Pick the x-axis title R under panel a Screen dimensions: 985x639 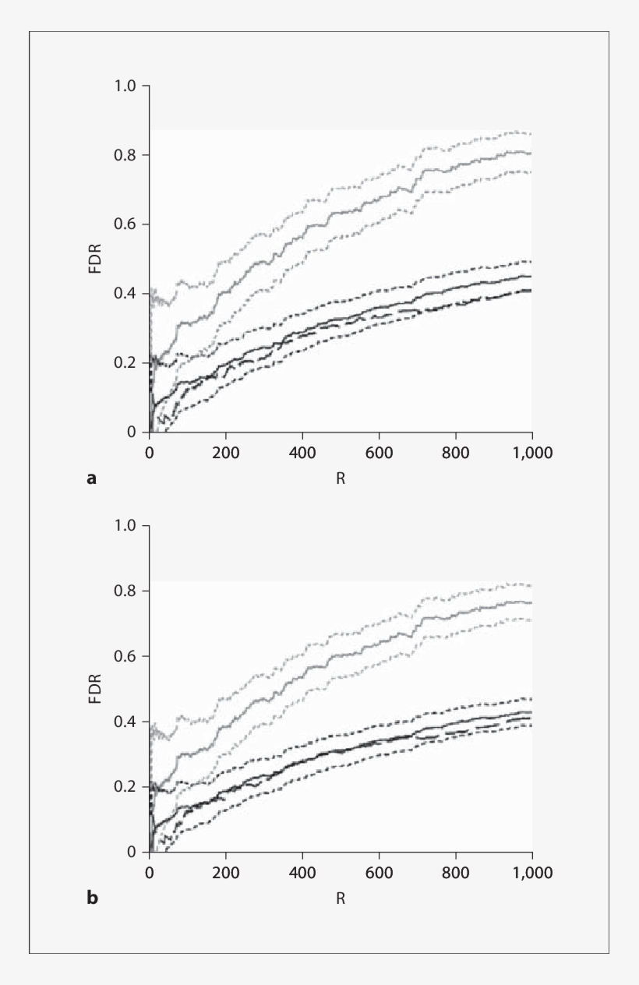click(341, 478)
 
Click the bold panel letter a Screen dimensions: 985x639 click(91, 478)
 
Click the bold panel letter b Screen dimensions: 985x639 click(92, 899)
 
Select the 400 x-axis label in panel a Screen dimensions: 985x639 click(302, 451)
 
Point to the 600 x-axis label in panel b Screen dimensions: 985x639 click(379, 871)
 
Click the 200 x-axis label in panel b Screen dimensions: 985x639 click(226, 871)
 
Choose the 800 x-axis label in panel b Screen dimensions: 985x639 click(455, 871)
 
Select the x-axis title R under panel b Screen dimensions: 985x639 click(341, 899)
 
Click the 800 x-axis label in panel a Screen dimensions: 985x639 click(455, 451)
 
